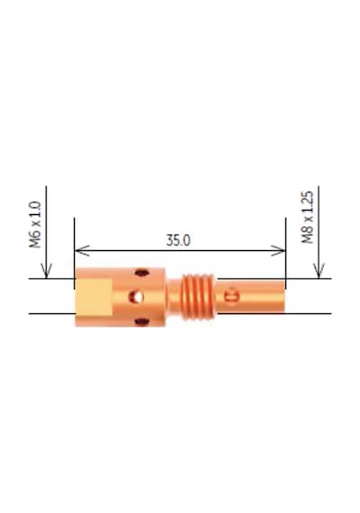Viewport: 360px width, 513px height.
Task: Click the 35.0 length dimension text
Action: pos(178,240)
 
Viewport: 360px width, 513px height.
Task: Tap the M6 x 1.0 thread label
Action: pos(35,224)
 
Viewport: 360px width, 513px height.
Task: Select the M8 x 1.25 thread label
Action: pos(307,217)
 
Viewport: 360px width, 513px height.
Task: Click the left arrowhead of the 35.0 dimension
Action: pos(82,250)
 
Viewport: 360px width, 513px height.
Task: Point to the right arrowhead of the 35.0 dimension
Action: pos(278,250)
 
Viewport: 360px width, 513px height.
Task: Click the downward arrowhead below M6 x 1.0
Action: pos(46,271)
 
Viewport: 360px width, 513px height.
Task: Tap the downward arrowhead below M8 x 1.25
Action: pos(319,271)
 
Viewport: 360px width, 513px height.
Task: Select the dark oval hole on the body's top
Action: pos(142,272)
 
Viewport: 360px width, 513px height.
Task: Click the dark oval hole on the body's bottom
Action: pos(142,322)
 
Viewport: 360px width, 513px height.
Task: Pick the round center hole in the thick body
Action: pos(136,297)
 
